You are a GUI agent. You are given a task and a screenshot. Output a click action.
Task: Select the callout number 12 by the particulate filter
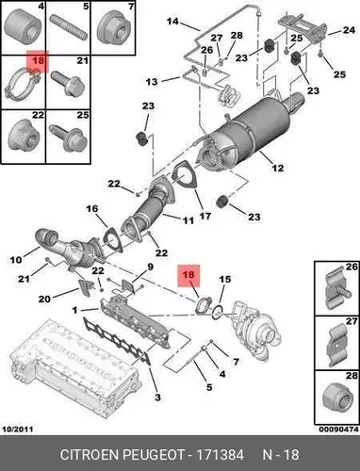278,168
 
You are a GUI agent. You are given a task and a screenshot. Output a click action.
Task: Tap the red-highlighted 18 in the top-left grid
38,60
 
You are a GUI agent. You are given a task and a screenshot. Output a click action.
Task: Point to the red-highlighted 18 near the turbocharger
188,275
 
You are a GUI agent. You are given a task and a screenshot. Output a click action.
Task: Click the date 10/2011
18,429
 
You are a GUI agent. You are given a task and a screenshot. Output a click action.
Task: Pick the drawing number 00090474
338,429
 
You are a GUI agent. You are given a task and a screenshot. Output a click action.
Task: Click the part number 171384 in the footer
220,454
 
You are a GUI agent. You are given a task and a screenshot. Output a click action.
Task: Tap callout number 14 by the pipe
172,22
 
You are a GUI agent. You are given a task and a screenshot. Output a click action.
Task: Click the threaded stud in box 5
69,28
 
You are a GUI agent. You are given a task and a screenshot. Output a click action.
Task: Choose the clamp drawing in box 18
22,83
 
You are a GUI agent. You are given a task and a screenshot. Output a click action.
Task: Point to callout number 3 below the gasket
157,398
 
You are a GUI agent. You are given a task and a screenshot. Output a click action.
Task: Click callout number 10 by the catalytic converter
16,260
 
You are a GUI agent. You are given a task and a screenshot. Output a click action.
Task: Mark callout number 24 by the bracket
349,30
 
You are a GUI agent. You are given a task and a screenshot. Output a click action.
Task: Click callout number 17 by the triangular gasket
205,216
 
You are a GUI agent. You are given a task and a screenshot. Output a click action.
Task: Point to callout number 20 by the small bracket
44,299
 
